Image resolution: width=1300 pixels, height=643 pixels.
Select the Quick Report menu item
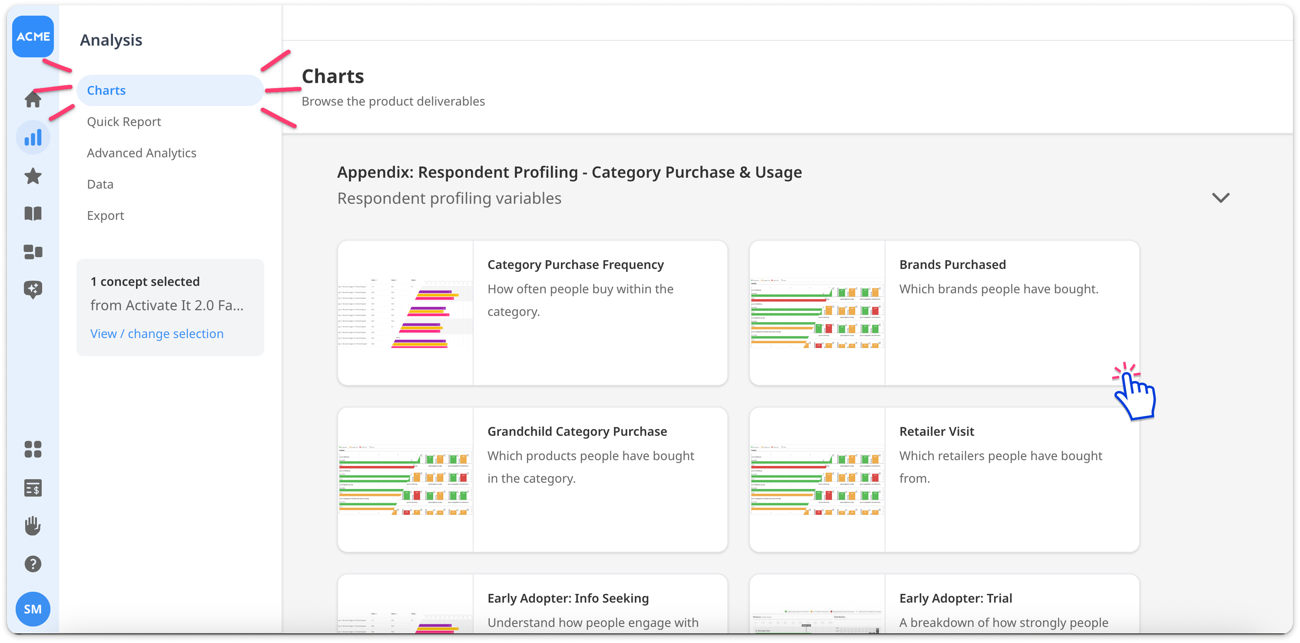click(124, 122)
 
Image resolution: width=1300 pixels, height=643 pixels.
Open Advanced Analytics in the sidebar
click(141, 153)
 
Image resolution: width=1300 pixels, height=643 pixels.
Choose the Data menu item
click(100, 184)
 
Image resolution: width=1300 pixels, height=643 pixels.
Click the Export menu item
click(105, 215)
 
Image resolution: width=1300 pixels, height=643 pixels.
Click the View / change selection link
click(156, 334)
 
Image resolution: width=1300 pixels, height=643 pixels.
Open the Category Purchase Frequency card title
click(575, 265)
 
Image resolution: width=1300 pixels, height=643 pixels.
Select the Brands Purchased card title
click(952, 265)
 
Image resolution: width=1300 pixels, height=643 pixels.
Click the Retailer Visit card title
click(937, 431)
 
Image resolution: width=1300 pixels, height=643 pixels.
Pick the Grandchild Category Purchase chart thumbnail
click(405, 480)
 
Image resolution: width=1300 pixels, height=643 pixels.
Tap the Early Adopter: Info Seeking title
click(568, 598)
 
